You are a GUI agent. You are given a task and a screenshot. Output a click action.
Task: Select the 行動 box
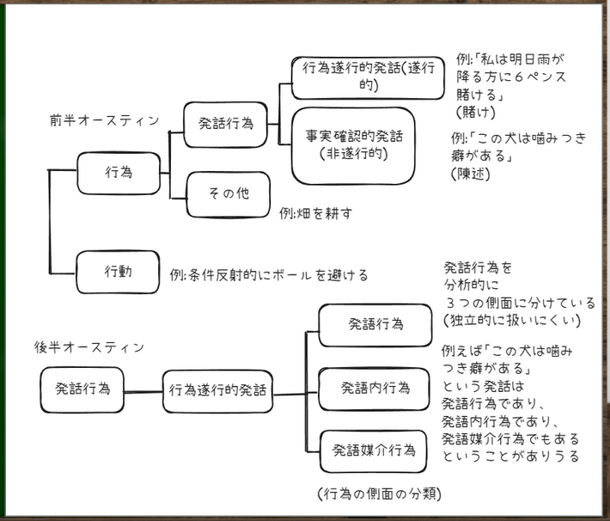(x=119, y=272)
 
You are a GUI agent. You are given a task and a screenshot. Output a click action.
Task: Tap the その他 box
(x=229, y=193)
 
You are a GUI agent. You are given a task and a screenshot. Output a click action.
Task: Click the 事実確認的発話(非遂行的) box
(x=353, y=145)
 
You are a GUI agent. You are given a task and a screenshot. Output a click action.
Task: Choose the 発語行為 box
(x=375, y=325)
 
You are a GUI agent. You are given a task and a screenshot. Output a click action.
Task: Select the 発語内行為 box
(x=375, y=388)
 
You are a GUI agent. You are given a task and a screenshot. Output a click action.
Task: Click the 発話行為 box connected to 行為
(x=225, y=123)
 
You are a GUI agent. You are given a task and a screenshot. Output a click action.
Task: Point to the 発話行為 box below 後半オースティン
(x=82, y=389)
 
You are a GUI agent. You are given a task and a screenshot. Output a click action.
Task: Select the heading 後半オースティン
(x=89, y=346)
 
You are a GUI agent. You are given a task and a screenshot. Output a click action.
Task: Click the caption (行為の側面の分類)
(x=380, y=493)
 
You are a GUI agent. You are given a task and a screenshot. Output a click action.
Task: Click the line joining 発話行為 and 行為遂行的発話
(x=143, y=391)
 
